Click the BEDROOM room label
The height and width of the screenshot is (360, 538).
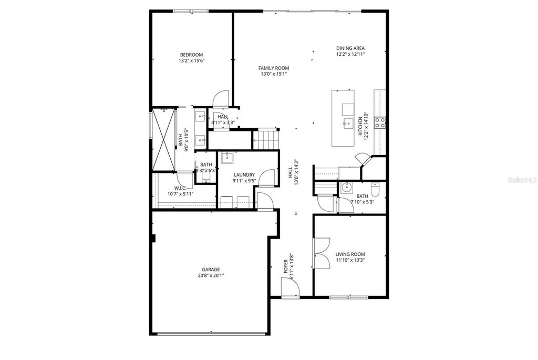click(x=191, y=55)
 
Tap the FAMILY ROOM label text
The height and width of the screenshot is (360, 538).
click(x=273, y=68)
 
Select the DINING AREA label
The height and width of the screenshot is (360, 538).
click(x=350, y=48)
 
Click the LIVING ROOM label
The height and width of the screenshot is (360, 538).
click(x=350, y=254)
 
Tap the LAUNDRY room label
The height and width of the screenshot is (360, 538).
click(x=244, y=175)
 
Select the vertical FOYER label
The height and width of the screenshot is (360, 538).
click(x=286, y=266)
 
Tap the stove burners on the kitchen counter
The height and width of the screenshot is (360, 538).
click(x=380, y=123)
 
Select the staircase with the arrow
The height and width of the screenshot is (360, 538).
click(x=264, y=140)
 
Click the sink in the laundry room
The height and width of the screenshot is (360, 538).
click(x=226, y=157)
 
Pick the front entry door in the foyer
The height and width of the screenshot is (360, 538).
click(x=290, y=287)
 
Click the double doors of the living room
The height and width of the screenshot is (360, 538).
click(x=320, y=253)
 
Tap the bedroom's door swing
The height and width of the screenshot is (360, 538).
click(x=221, y=98)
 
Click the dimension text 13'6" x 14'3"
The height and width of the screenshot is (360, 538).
click(x=296, y=172)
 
